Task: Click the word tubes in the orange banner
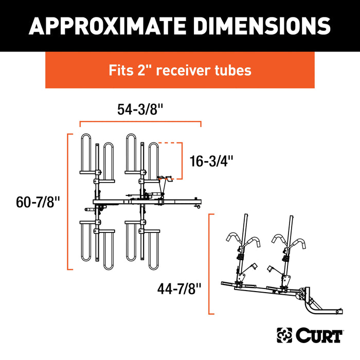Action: tap(233, 70)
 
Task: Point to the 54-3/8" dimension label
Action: tap(140, 109)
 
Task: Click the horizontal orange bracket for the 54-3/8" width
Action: tap(140, 122)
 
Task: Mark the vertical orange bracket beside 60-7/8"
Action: tap(68, 201)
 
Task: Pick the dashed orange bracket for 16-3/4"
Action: tap(181, 160)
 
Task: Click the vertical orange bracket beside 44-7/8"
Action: tap(209, 264)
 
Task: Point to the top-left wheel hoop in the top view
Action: tap(86, 154)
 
